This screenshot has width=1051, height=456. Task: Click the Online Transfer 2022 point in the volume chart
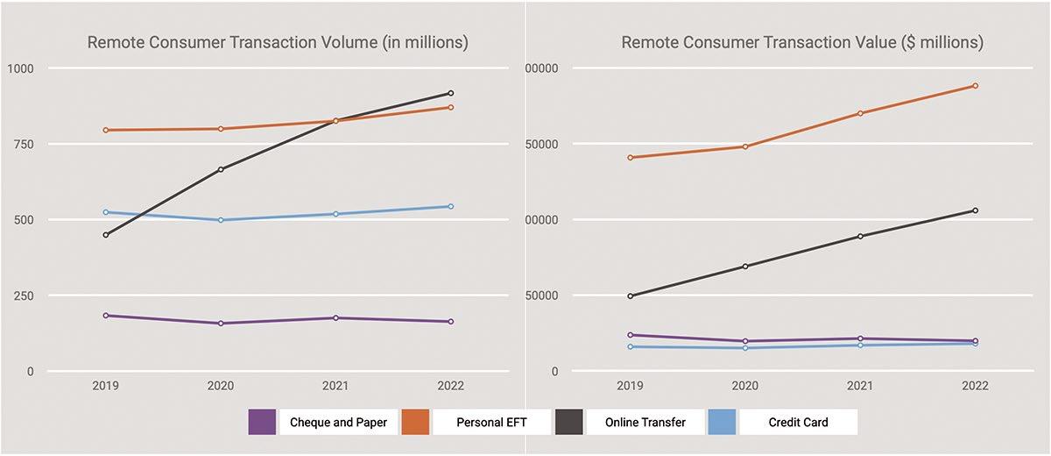[450, 93]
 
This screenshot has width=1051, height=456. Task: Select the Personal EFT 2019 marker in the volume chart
[106, 130]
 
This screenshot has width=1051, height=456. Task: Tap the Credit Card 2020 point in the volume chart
[221, 220]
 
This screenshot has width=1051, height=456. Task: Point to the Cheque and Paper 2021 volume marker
[335, 317]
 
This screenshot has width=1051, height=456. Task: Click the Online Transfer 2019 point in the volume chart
[106, 235]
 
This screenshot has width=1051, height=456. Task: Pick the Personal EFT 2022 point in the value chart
[975, 86]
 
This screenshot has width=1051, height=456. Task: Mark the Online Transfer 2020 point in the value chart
[745, 266]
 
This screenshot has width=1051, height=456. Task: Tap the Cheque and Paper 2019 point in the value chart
[630, 335]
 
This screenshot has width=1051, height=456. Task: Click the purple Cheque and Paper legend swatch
[262, 422]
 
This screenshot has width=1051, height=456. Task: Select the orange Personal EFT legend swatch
[415, 422]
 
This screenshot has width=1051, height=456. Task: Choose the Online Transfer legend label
[645, 422]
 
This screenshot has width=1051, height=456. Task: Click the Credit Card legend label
[798, 422]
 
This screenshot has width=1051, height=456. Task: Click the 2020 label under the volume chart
[221, 386]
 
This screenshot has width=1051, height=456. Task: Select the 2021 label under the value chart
[860, 386]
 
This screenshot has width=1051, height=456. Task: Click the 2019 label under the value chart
[630, 386]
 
